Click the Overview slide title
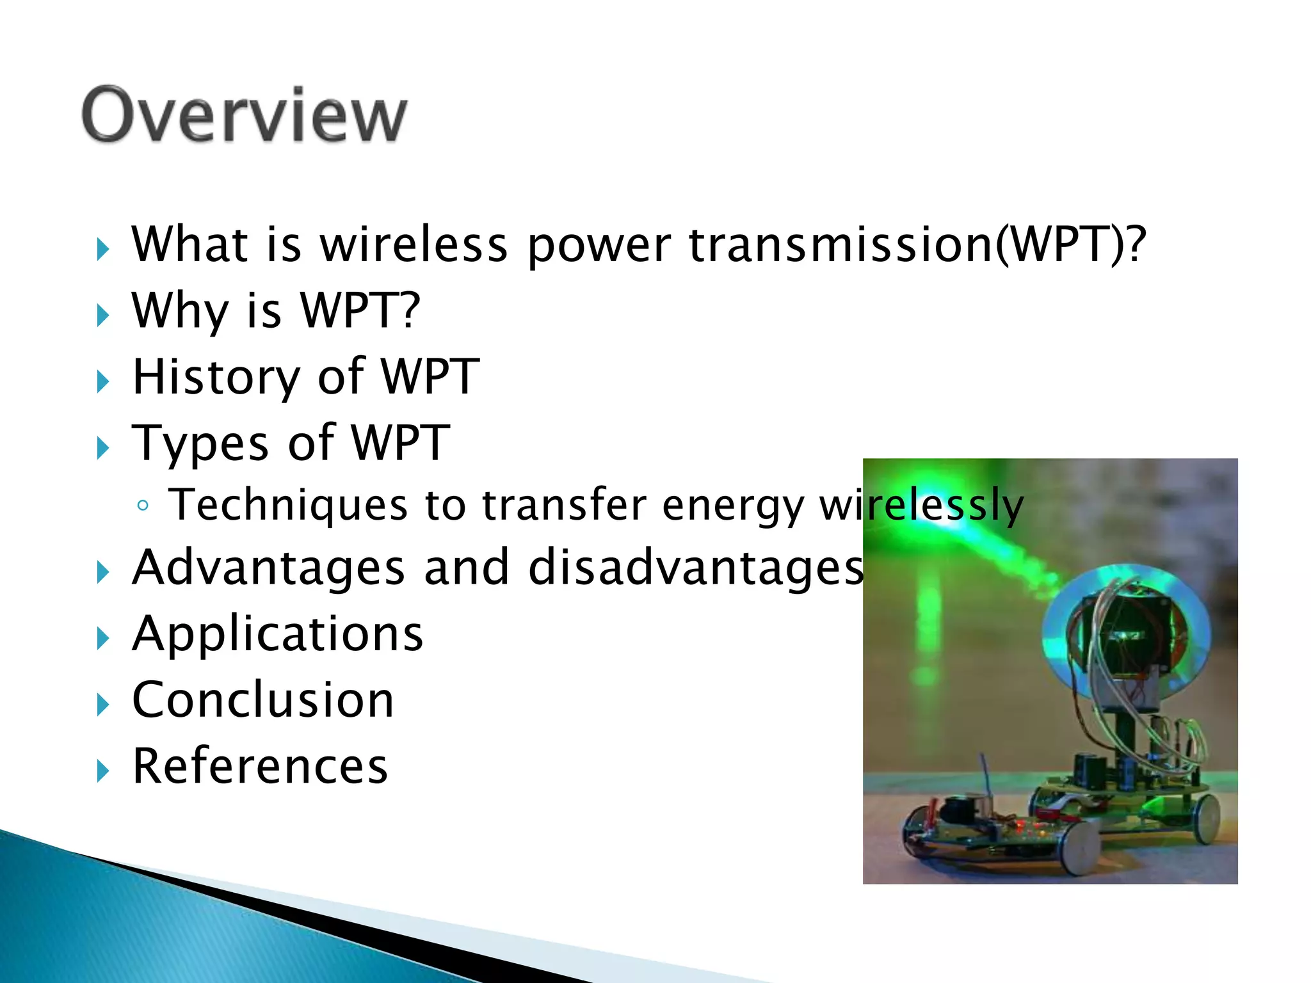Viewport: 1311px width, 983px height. [x=244, y=115]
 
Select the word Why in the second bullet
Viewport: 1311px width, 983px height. [x=180, y=311]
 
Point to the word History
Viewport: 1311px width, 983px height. [x=216, y=378]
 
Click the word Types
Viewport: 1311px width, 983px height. [x=200, y=444]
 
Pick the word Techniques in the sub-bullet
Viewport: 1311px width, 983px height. [x=287, y=505]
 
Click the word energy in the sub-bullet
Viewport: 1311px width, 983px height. [x=732, y=506]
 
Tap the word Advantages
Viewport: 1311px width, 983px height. [x=268, y=568]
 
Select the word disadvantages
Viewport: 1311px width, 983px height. [x=696, y=568]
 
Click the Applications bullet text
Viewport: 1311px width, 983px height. [x=277, y=634]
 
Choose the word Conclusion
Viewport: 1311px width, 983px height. [x=262, y=700]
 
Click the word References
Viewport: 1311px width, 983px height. [x=260, y=766]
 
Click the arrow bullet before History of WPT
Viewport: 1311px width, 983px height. [x=102, y=382]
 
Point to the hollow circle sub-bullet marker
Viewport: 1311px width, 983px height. [x=143, y=506]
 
